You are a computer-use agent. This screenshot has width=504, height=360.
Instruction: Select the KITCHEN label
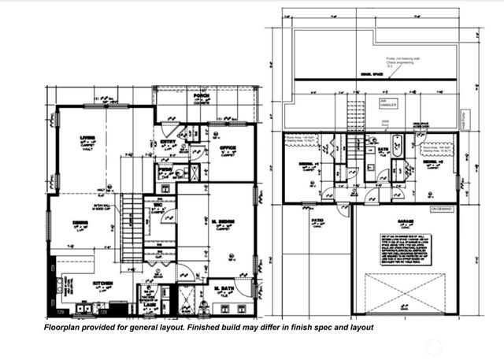(x=103, y=283)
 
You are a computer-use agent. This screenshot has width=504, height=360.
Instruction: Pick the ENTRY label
(x=168, y=142)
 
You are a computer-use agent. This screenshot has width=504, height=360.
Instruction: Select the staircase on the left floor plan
(x=132, y=229)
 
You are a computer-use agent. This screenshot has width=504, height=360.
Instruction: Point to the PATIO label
(x=317, y=221)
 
